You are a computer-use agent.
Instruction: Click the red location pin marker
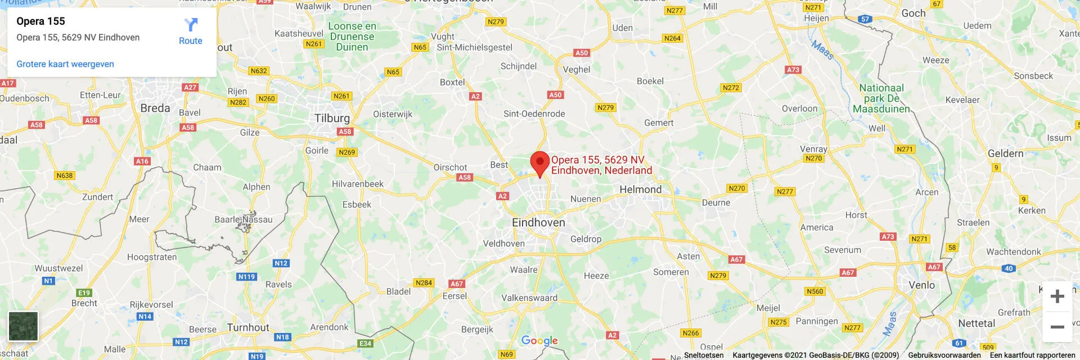(540, 163)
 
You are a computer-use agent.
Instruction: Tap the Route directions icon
(191, 25)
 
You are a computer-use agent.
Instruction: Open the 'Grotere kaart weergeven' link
(65, 64)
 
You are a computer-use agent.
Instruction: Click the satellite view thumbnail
(23, 326)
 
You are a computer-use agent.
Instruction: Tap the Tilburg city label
(332, 118)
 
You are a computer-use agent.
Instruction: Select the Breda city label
(155, 108)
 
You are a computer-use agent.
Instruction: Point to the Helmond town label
(640, 190)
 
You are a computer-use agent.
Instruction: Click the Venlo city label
(922, 285)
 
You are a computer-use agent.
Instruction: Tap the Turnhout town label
(248, 327)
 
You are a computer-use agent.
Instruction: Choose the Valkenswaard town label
(529, 298)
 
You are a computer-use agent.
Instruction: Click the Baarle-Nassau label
(244, 219)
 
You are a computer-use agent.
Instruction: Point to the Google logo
(539, 340)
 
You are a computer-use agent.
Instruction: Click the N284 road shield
(424, 283)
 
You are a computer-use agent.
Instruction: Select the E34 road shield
(365, 343)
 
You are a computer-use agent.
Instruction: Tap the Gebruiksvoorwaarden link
(944, 355)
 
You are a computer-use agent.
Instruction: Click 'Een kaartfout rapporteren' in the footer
(1032, 355)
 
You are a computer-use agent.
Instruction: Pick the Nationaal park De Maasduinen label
(881, 98)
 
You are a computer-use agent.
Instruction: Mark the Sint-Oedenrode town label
(534, 114)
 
